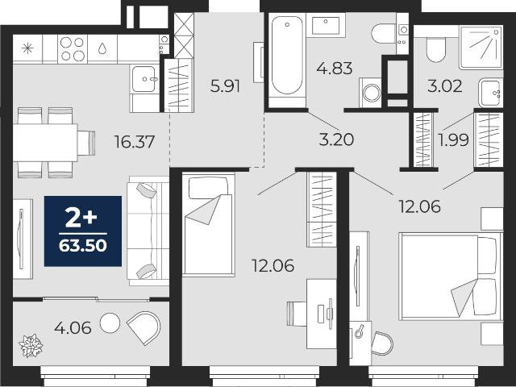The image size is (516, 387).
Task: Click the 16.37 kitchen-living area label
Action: [135, 142]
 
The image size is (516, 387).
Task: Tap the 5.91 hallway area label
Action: [225, 86]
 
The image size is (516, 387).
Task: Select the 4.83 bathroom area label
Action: [335, 69]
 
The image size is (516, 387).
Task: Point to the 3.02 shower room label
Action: [444, 86]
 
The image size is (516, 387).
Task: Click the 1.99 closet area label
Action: [453, 140]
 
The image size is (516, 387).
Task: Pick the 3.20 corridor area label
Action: [336, 139]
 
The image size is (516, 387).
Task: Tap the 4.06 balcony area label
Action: [73, 328]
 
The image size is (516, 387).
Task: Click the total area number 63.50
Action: [83, 245]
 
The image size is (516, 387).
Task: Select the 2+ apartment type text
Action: [81, 218]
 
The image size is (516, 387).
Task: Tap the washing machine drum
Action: [372, 93]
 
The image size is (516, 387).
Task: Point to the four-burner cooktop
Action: [73, 49]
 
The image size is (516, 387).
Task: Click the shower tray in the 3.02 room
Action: [481, 48]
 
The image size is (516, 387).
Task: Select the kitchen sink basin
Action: [144, 79]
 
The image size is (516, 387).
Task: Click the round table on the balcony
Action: [110, 322]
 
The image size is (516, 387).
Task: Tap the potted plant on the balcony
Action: [31, 346]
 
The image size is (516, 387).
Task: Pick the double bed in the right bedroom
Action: [450, 277]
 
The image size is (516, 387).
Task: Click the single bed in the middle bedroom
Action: [209, 225]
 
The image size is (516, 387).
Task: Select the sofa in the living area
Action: [148, 231]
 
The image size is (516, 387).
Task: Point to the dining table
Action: [45, 143]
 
